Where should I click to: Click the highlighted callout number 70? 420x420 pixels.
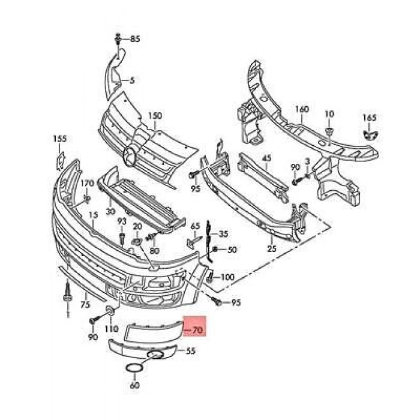tap(197, 330)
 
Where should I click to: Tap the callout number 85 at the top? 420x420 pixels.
tap(134, 39)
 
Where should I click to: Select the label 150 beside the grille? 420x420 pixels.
tap(155, 115)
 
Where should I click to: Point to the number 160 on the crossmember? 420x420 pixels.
tap(301, 109)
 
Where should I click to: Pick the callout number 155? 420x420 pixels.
tap(59, 139)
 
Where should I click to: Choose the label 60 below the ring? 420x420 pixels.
tap(134, 385)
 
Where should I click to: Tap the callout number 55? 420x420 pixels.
tap(191, 350)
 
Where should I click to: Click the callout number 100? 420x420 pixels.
tap(228, 277)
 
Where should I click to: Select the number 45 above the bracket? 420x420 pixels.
tap(266, 158)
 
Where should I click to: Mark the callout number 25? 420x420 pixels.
tap(271, 248)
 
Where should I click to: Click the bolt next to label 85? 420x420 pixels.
tap(118, 40)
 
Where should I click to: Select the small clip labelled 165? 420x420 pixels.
tap(370, 134)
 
